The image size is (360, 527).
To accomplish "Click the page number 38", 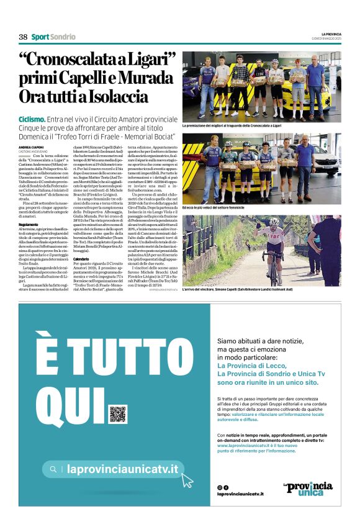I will click(23, 37).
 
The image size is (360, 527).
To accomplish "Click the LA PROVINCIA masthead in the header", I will click(330, 33).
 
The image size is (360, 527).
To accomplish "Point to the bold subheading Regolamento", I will click(29, 206).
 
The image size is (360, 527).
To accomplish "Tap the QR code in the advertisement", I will click(117, 413).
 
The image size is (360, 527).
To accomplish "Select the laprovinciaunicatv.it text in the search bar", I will click(122, 469).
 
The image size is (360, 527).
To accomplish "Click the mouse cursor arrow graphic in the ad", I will click(187, 479).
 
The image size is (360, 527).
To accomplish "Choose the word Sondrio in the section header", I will click(63, 37).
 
